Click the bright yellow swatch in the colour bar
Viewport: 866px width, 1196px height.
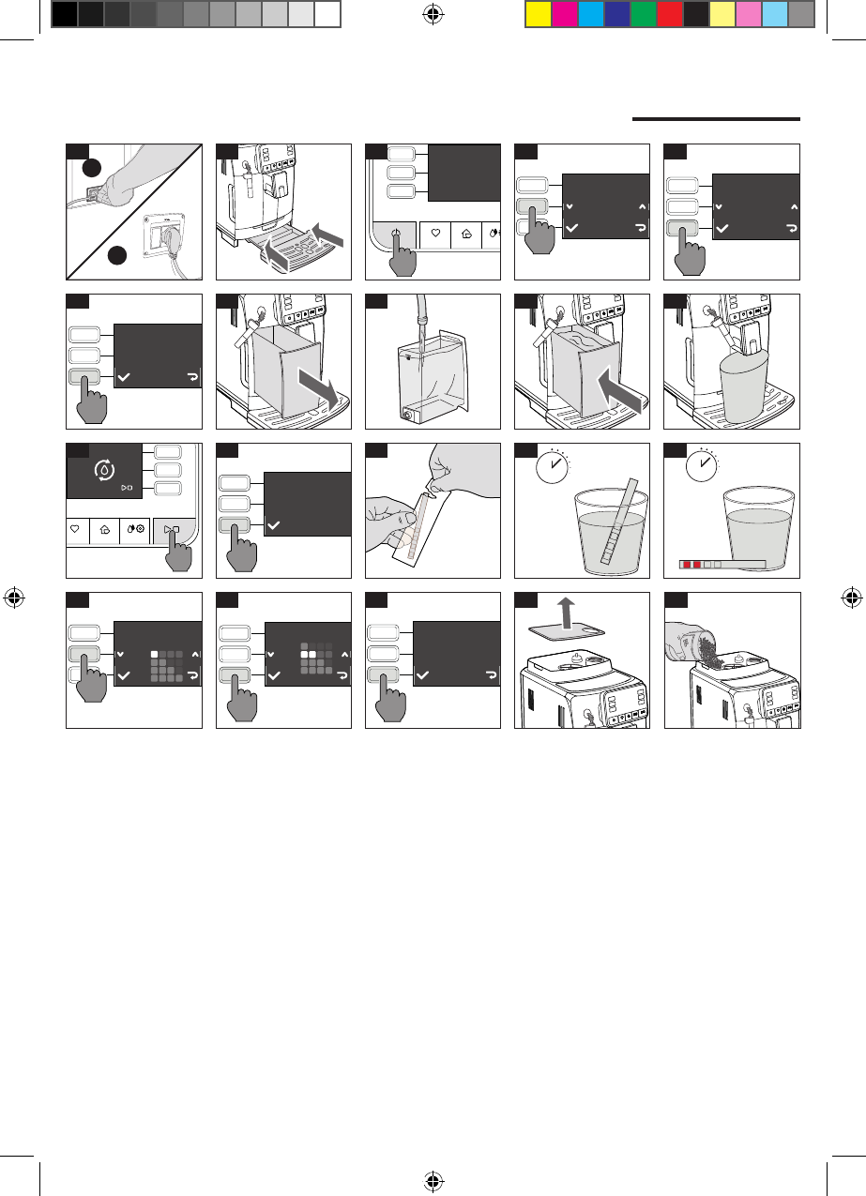point(538,13)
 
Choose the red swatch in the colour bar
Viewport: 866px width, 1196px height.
point(669,13)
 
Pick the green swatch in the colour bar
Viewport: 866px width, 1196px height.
point(643,13)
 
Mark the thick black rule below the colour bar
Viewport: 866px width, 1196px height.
point(716,119)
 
